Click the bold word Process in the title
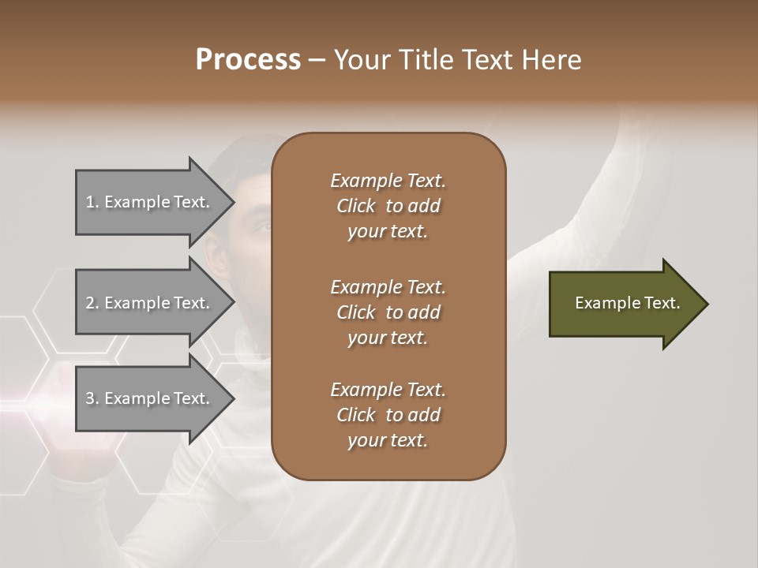[248, 60]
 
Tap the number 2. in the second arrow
[92, 303]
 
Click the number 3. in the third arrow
[92, 398]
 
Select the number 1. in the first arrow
[92, 202]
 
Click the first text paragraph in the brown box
[388, 206]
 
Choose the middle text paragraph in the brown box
[388, 312]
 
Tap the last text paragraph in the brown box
[388, 415]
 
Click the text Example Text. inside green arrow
[627, 303]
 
